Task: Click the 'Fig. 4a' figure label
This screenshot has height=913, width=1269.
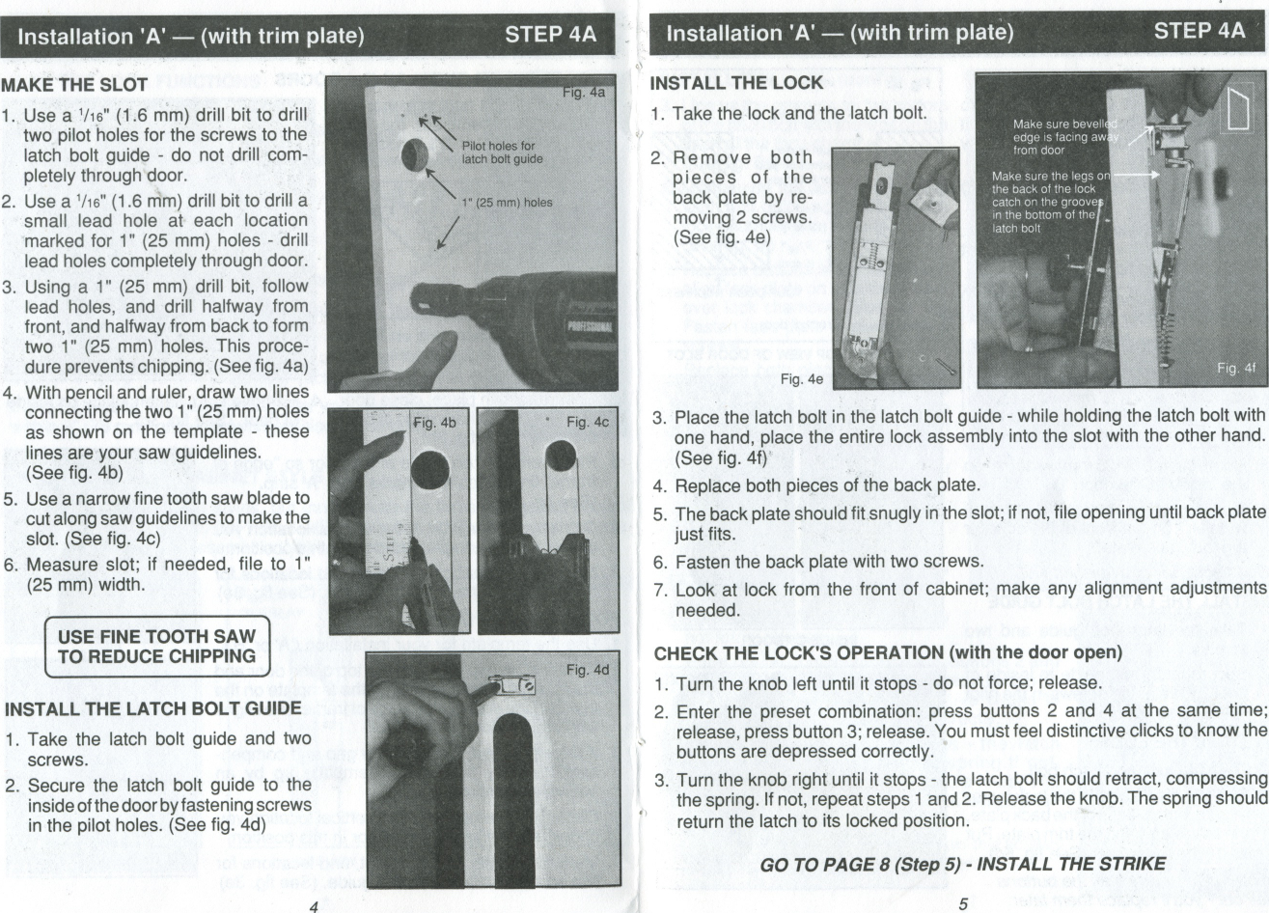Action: [583, 94]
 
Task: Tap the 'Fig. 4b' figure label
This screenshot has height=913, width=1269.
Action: [434, 422]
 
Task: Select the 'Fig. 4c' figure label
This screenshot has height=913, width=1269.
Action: [587, 422]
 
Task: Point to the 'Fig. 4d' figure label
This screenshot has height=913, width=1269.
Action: [587, 669]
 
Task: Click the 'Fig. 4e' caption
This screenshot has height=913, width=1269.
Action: [802, 379]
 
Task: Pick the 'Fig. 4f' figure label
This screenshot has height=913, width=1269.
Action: [1235, 368]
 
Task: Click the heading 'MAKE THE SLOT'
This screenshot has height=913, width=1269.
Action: [74, 85]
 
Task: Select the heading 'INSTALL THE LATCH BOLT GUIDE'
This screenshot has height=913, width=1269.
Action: [153, 709]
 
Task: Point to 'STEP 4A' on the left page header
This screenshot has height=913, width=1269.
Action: [551, 36]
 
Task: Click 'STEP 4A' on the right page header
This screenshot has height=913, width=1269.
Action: [1200, 31]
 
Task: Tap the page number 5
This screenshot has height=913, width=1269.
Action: [962, 904]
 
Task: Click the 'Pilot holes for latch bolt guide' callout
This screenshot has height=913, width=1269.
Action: [502, 152]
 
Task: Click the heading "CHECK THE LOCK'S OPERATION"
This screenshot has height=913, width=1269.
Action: [887, 653]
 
